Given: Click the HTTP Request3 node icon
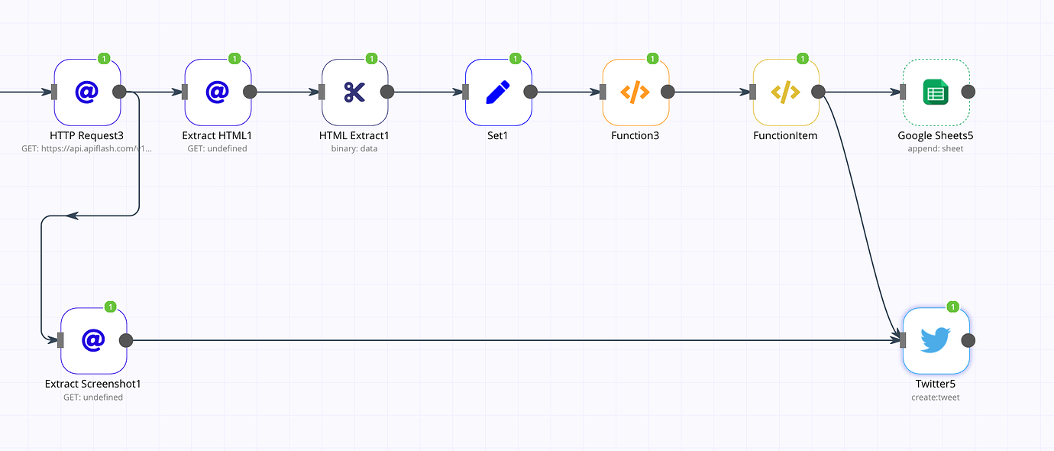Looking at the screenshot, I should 87,92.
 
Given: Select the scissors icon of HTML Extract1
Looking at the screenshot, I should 355,92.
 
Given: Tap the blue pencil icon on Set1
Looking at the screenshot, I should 498,92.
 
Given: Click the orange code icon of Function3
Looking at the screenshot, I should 635,92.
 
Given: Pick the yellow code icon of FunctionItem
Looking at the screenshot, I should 785,92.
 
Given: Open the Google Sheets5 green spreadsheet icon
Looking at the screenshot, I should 936,92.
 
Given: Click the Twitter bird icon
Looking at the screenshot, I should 936,340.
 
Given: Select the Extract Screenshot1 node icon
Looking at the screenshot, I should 93,340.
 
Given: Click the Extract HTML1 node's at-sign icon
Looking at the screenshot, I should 218,92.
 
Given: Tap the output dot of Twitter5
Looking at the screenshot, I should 968,340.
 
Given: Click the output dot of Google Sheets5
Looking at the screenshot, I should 968,92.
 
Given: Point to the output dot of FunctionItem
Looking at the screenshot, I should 818,92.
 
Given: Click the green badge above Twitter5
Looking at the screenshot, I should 952,307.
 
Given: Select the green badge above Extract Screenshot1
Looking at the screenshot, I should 110,307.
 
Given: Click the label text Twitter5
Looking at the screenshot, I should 936,384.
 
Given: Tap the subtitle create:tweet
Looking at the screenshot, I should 936,397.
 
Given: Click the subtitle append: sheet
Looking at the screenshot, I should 936,149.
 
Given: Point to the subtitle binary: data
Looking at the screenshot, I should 354,149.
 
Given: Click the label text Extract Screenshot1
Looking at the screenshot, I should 93,384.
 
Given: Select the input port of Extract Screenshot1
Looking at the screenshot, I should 60,340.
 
